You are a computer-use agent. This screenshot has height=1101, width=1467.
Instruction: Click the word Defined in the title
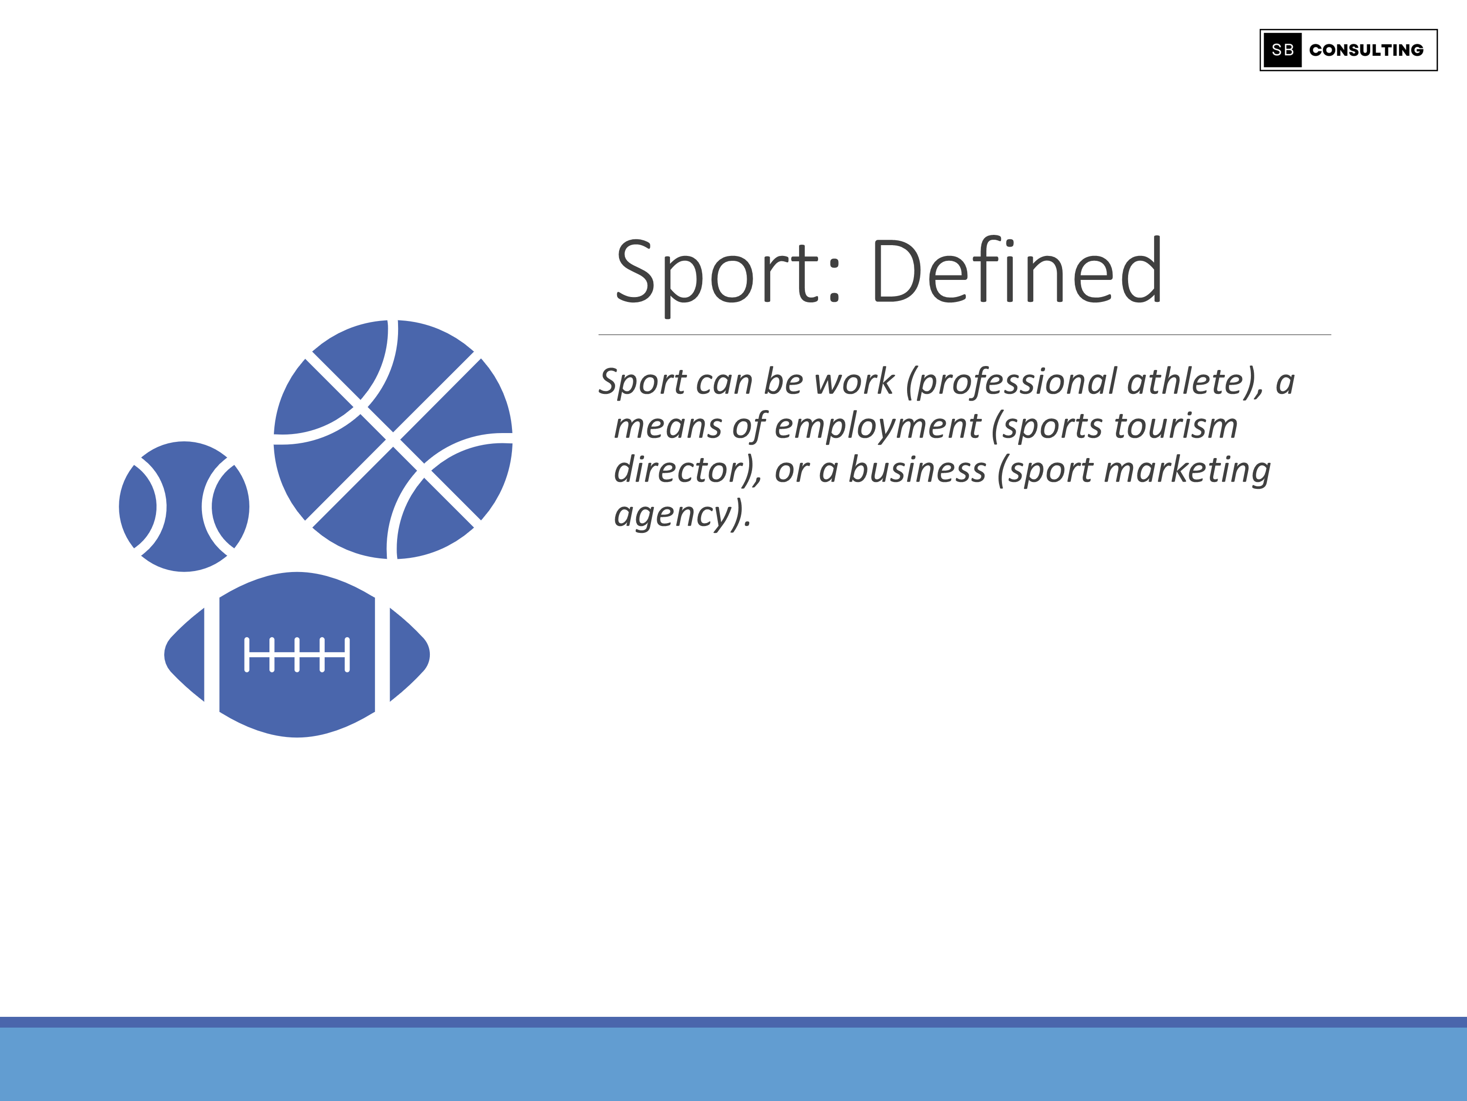point(1017,272)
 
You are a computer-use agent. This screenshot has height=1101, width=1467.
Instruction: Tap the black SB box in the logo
point(1282,50)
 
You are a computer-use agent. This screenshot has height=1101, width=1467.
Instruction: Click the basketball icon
point(393,439)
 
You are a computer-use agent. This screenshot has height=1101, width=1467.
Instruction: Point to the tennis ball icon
point(184,506)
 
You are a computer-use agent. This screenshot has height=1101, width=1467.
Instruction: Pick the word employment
point(877,426)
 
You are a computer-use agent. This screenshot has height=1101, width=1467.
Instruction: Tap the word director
point(681,470)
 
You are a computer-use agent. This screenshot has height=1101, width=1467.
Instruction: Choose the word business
point(917,470)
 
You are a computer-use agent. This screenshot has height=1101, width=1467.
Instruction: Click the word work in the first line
point(854,382)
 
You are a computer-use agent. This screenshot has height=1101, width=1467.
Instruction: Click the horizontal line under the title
point(964,335)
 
